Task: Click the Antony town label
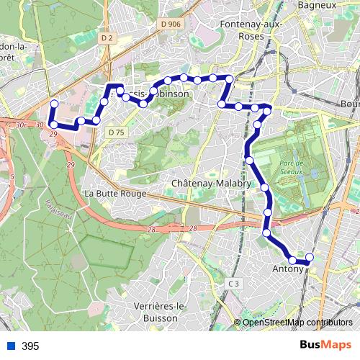pyautogui.click(x=287, y=269)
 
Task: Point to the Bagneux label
pyautogui.click(x=317, y=5)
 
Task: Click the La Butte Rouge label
pyautogui.click(x=115, y=194)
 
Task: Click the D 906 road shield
pyautogui.click(x=171, y=24)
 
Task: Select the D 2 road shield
pyautogui.click(x=107, y=37)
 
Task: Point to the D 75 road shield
pyautogui.click(x=115, y=132)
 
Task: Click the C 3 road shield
pyautogui.click(x=233, y=284)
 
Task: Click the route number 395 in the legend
pyautogui.click(x=30, y=346)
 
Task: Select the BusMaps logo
pyautogui.click(x=325, y=346)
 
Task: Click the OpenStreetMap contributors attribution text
pyautogui.click(x=297, y=323)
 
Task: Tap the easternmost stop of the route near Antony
pyautogui.click(x=310, y=257)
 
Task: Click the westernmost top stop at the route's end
pyautogui.click(x=53, y=103)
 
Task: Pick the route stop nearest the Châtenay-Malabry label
pyautogui.click(x=264, y=188)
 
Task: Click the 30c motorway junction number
pyautogui.click(x=22, y=125)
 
